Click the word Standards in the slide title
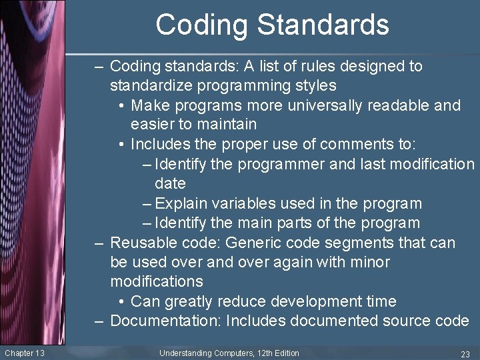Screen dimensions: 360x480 323,25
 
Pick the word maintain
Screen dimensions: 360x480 225,124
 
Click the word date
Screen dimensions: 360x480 170,183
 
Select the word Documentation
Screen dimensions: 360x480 165,321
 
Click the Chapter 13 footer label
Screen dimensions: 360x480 24,353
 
